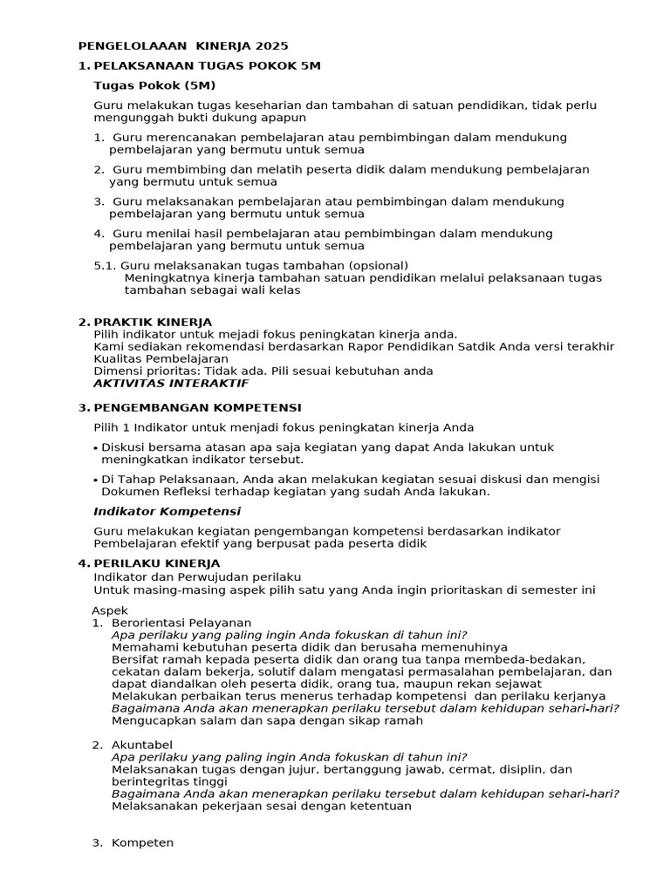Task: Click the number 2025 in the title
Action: click(272, 45)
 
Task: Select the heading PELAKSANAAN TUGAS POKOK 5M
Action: click(207, 65)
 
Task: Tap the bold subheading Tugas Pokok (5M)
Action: click(154, 85)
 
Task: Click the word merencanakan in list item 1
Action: click(185, 137)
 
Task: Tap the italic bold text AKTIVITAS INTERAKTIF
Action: click(171, 383)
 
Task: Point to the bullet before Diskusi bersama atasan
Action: click(95, 448)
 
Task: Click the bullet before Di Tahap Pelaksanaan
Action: click(95, 481)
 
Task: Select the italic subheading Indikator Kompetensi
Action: click(167, 511)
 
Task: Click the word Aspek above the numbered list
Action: click(110, 610)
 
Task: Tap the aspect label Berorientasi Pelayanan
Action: click(181, 623)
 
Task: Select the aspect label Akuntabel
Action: click(142, 744)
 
